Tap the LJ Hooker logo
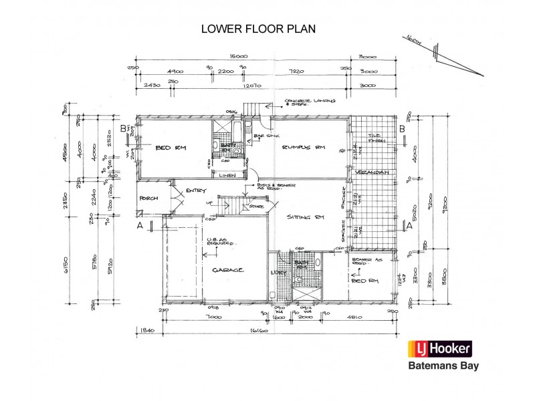tap(441, 349)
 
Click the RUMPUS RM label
tap(298, 147)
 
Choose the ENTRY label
tap(195, 190)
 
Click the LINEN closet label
tap(227, 175)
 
